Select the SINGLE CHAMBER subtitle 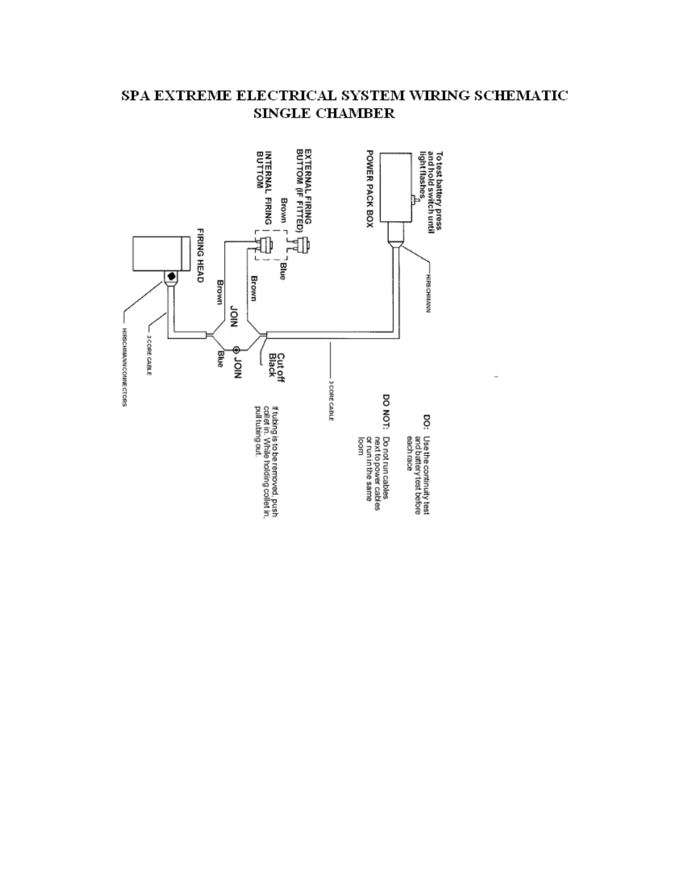(324, 113)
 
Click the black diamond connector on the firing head (171, 277)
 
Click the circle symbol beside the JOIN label (237, 349)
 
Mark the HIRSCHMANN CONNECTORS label (125, 367)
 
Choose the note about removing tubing (266, 462)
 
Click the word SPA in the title (135, 95)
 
